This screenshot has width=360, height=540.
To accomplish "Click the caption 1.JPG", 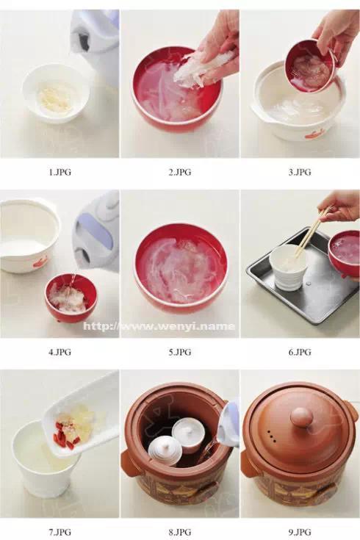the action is pos(60,172).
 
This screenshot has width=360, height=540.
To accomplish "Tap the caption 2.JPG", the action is pos(179,172).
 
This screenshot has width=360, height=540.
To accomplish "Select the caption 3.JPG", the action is pos(299,172).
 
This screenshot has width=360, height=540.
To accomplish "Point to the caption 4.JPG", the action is pos(60,352).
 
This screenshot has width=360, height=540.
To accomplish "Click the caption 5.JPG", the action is pos(179,352).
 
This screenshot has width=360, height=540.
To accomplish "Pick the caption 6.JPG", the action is pos(299,352).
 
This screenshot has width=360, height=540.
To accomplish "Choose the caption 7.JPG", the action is pos(60,532).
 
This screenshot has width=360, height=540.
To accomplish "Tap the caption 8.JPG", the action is pos(179,532).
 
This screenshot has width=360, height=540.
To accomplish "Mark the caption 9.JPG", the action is pos(299,532).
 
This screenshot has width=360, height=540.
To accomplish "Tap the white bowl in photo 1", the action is pos(56,93).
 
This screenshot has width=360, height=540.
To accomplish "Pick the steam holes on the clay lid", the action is pos(272,435).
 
